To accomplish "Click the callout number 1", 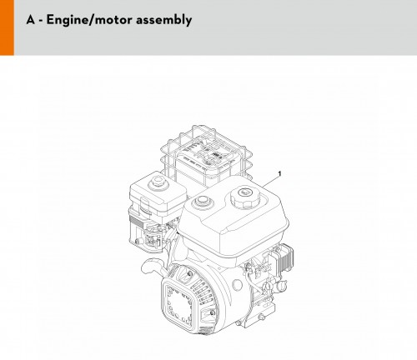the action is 279,174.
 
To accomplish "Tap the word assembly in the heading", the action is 164,20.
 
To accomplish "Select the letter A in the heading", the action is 31,20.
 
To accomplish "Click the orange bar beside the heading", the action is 7,27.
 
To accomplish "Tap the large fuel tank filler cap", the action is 245,197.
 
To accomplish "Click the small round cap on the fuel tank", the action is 202,201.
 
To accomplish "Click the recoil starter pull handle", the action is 152,266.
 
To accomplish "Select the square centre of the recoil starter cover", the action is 178,302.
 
